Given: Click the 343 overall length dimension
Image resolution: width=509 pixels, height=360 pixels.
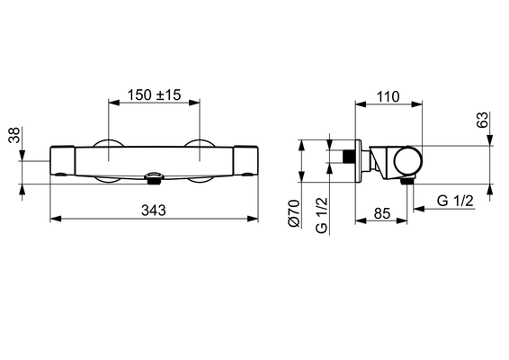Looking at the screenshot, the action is pyautogui.click(x=154, y=211).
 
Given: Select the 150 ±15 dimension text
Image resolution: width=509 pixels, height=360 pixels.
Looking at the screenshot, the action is pyautogui.click(x=154, y=94).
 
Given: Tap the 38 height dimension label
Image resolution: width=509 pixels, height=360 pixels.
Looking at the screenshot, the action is pyautogui.click(x=14, y=135).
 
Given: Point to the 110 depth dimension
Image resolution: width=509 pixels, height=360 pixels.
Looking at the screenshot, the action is pyautogui.click(x=388, y=97).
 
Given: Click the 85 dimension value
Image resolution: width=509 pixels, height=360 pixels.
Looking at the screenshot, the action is pyautogui.click(x=382, y=214).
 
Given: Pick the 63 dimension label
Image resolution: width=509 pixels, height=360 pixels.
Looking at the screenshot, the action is pyautogui.click(x=482, y=120).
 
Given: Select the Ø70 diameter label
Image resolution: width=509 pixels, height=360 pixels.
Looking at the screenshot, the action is pyautogui.click(x=294, y=213).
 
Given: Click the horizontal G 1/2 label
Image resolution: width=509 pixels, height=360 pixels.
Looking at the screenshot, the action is pyautogui.click(x=455, y=201).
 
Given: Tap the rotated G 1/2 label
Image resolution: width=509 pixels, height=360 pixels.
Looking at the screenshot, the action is pyautogui.click(x=322, y=215).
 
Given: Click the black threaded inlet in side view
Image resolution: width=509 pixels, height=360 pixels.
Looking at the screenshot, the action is pyautogui.click(x=349, y=157).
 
